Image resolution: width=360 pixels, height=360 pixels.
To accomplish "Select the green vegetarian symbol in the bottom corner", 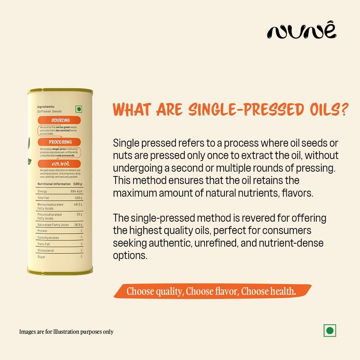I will point(330,330).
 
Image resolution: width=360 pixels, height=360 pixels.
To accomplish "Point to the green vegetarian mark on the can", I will point(79,109).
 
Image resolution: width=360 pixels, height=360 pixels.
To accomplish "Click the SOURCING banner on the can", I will point(60,120).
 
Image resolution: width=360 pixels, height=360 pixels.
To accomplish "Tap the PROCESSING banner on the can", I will point(60,142).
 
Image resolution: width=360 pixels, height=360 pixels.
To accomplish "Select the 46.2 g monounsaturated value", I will point(78,204).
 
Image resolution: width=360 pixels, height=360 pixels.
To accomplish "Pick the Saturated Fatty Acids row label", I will point(53,225).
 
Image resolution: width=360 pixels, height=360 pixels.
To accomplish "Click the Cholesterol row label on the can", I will point(46,251).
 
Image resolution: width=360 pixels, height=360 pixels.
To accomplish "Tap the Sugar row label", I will point(41,257).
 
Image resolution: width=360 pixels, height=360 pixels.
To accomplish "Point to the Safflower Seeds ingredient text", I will point(49,111).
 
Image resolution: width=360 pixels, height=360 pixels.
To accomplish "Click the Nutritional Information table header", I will point(54,184).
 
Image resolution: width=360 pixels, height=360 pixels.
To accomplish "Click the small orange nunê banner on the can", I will point(59,164).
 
